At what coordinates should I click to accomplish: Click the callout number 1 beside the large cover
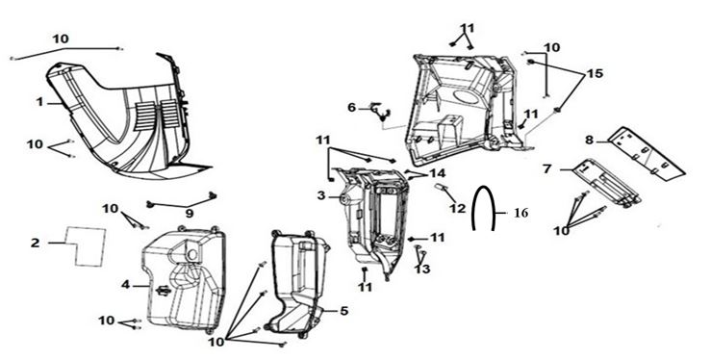[x=39, y=102]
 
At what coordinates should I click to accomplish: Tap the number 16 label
[x=521, y=213]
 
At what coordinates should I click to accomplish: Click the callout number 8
[x=589, y=141]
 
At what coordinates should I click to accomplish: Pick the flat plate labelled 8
[x=647, y=152]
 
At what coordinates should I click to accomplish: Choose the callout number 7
[x=547, y=169]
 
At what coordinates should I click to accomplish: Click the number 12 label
[x=458, y=209]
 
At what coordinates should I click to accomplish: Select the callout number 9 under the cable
[x=190, y=214]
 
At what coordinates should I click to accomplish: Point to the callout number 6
[x=352, y=108]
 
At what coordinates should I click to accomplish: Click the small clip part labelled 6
[x=380, y=112]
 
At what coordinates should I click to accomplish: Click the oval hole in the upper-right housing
[x=466, y=98]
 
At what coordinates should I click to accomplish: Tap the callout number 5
[x=344, y=311]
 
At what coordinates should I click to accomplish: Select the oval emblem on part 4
[x=163, y=291]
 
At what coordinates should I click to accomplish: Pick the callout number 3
[x=321, y=195]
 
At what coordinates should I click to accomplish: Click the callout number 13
[x=422, y=269]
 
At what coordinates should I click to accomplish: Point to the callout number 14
[x=438, y=173]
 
